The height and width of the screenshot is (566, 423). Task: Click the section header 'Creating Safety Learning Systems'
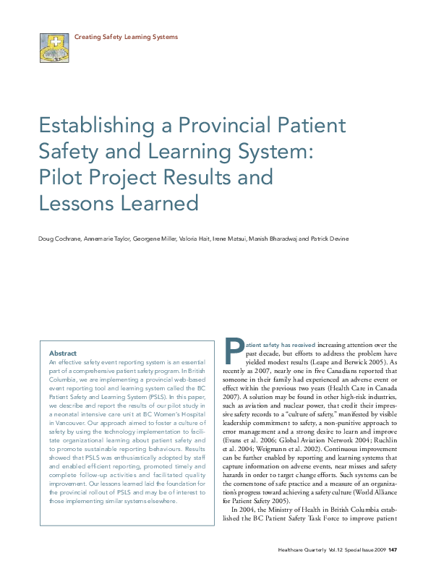point(126,36)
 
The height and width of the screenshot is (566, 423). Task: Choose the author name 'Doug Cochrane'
point(59,239)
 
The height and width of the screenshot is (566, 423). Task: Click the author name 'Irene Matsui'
point(230,239)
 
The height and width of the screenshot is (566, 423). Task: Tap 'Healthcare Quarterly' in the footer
point(303,549)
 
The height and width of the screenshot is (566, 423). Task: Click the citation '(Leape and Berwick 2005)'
point(354,361)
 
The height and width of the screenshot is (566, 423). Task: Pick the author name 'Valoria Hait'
point(197,239)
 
